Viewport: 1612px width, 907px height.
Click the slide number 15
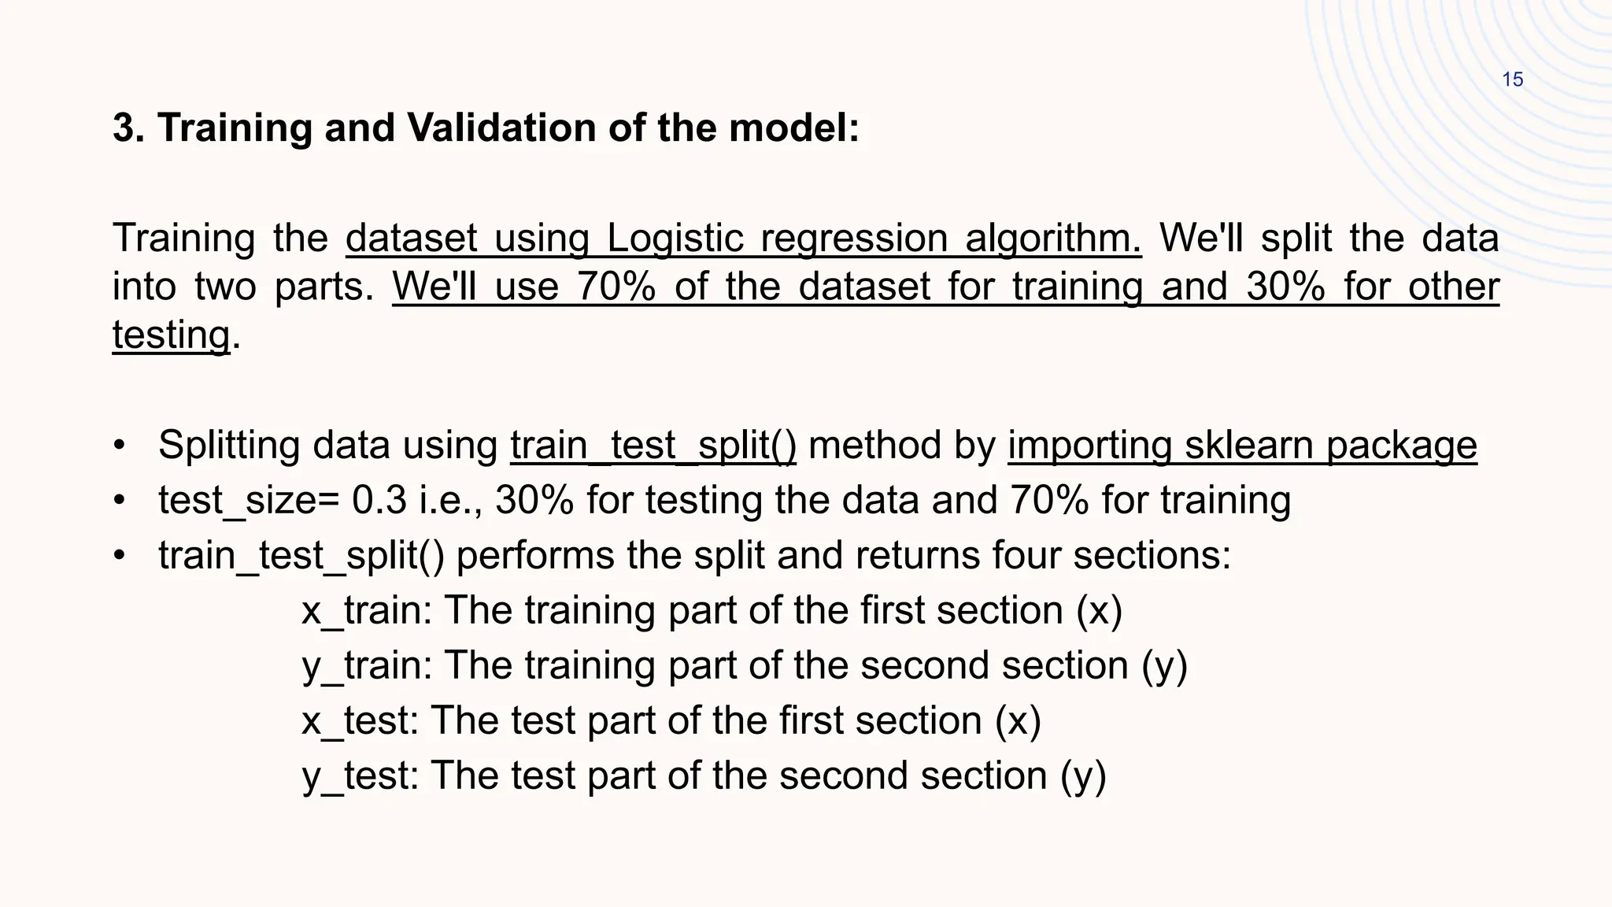1513,80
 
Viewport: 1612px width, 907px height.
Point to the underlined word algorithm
1053,239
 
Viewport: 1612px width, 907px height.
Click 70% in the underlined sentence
616,287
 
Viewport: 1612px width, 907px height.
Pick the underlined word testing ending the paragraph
171,335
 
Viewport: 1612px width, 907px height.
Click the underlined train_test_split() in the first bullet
653,446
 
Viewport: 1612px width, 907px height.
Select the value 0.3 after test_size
379,501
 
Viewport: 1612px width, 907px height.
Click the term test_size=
249,501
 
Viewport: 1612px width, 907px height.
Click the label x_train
366,611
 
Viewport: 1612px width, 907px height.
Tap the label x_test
360,721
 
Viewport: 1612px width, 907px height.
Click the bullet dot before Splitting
119,446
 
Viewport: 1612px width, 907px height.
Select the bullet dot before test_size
119,501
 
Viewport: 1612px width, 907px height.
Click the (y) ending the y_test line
1083,776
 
